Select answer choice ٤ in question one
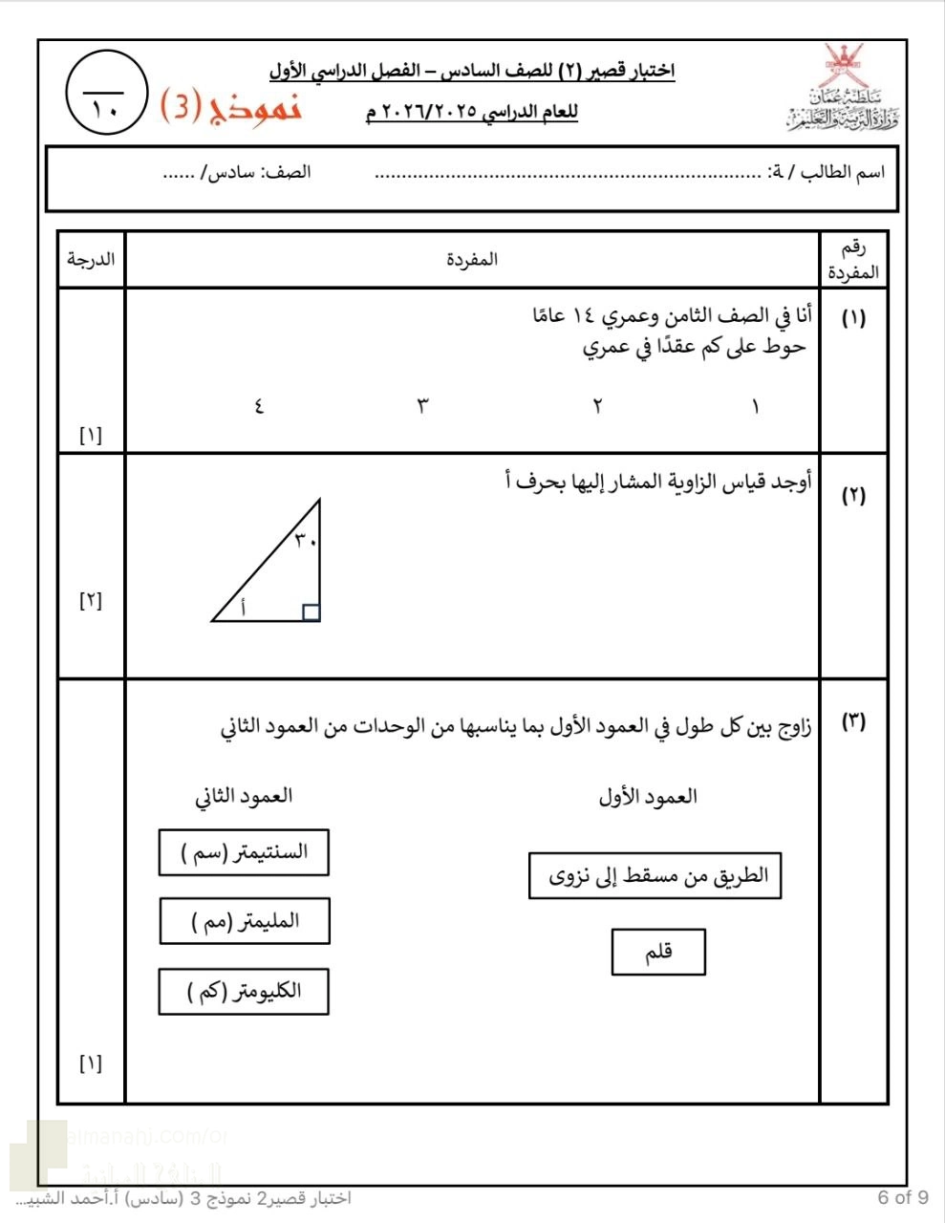click(x=258, y=406)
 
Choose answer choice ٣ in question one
click(x=422, y=406)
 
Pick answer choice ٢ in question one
click(x=597, y=406)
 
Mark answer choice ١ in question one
click(x=755, y=406)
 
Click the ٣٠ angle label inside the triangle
click(x=304, y=541)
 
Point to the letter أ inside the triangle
click(x=242, y=606)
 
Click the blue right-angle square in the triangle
click(x=311, y=612)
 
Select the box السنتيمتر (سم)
click(x=244, y=852)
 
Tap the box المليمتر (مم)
click(x=244, y=922)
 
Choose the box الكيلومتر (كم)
click(x=244, y=992)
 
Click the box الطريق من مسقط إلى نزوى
click(x=655, y=876)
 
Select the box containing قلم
click(x=658, y=952)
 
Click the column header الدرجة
click(x=91, y=259)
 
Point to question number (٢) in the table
click(x=853, y=495)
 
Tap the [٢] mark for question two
click(x=91, y=601)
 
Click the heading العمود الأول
click(x=647, y=797)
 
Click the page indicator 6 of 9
click(x=902, y=1197)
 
